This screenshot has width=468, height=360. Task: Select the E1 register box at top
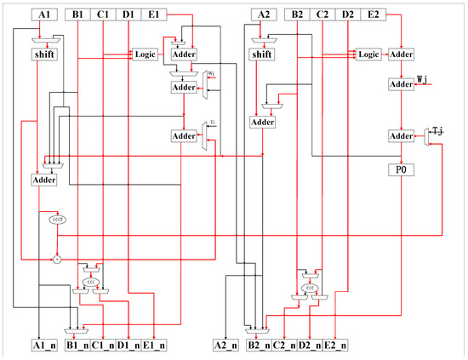pos(155,14)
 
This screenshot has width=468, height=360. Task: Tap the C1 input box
pos(103,14)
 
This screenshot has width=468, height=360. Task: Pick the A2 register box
pos(265,14)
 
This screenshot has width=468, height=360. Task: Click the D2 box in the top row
pos(349,14)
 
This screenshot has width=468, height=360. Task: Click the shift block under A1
pos(45,55)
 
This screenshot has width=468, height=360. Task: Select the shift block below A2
pos(265,54)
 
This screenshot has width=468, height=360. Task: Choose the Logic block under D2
pos(368,54)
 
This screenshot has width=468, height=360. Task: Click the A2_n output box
pos(227,346)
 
